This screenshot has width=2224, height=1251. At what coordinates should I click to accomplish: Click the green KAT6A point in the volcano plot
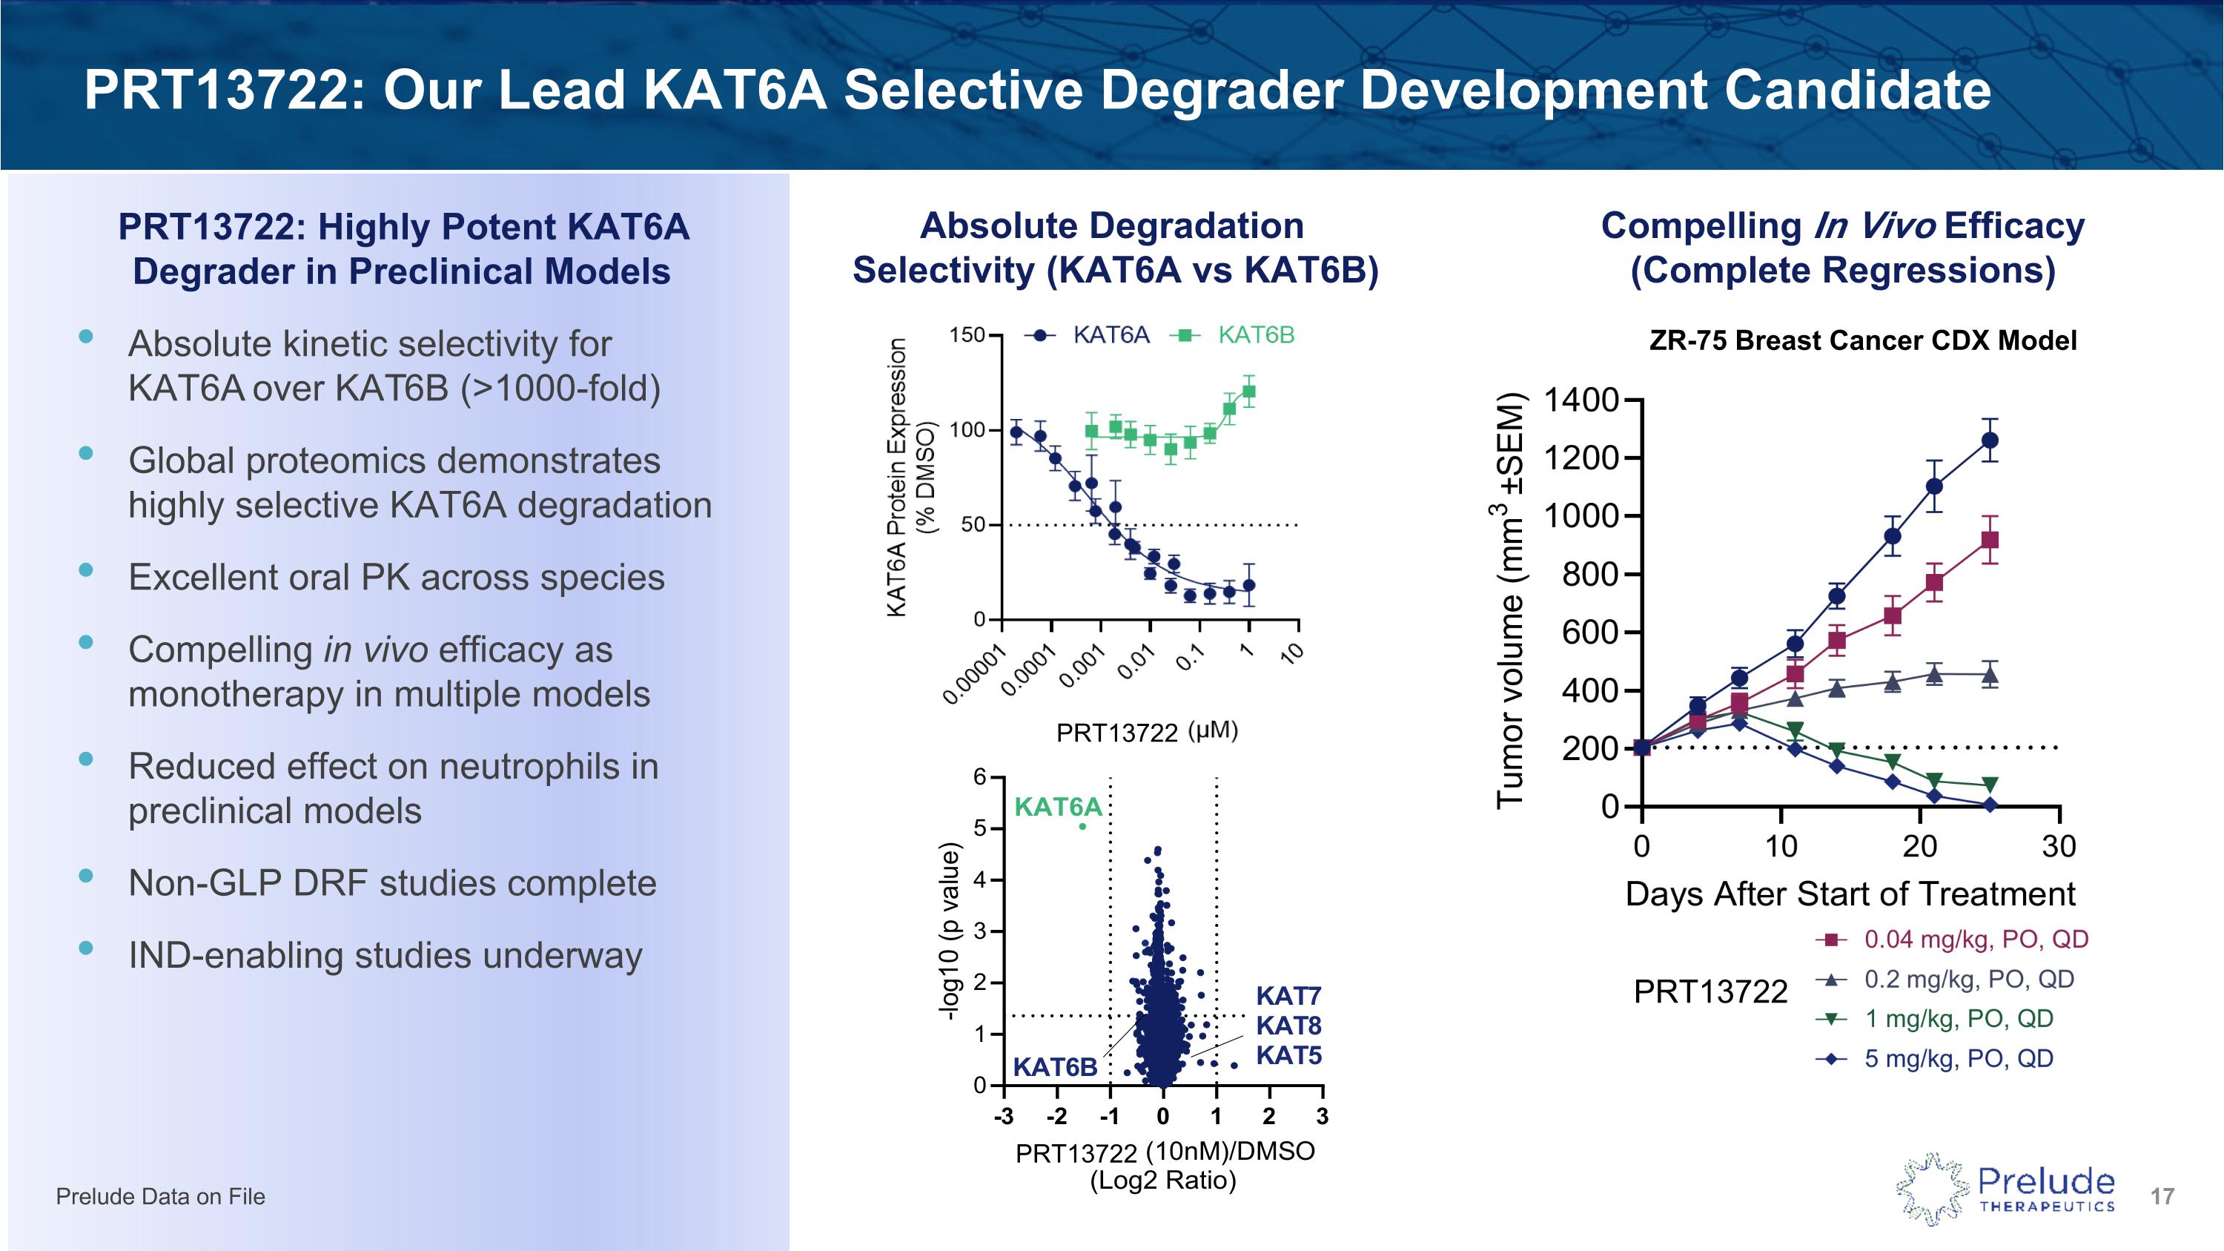1082,826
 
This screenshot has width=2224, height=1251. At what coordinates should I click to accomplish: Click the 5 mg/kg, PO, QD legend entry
1958,1058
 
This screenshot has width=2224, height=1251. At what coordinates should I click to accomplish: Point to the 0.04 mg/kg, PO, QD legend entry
1976,940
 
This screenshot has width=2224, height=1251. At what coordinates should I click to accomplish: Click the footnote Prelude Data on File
161,1197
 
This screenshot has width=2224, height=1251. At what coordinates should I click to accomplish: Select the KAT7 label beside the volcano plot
1288,997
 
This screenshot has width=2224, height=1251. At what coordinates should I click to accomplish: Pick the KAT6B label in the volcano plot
1054,1067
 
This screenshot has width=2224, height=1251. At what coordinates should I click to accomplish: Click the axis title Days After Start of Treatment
1850,894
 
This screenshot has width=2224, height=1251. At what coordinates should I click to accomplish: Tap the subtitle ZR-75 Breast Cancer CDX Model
1862,340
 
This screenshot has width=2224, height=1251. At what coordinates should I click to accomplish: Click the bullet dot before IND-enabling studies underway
85,948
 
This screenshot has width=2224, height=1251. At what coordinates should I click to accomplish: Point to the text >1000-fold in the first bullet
560,389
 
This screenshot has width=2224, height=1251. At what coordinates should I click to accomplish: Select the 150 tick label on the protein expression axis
966,335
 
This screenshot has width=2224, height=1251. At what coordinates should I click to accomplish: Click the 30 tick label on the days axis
2058,846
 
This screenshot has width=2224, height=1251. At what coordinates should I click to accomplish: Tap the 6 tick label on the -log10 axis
979,777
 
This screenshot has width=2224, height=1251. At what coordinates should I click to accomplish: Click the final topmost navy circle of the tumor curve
1989,440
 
